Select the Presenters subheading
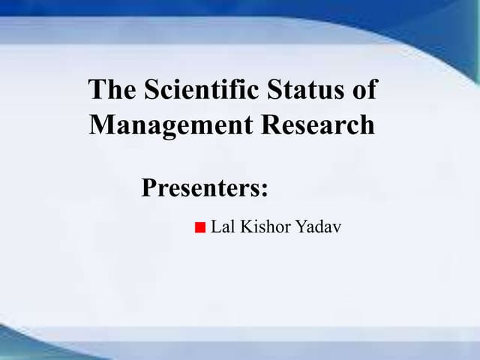click(204, 187)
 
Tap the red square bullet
click(199, 227)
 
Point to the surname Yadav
click(319, 226)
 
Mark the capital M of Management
click(100, 124)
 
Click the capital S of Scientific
click(151, 90)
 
